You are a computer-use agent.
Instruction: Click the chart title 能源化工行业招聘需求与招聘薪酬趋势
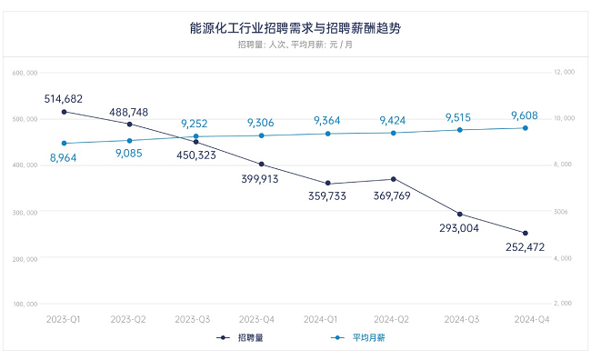pyautogui.click(x=295, y=28)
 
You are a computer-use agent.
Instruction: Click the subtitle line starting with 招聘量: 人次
pyautogui.click(x=295, y=45)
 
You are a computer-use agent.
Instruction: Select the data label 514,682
pyautogui.click(x=64, y=98)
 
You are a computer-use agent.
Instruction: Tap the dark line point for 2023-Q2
pyautogui.click(x=130, y=124)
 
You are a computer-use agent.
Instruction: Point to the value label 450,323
pyautogui.click(x=195, y=155)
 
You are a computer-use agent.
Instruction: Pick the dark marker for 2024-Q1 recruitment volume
pyautogui.click(x=327, y=184)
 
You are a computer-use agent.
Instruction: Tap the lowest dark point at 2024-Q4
pyautogui.click(x=526, y=233)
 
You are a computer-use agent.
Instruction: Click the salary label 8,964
pyautogui.click(x=64, y=157)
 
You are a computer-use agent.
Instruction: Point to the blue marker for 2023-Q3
pyautogui.click(x=195, y=136)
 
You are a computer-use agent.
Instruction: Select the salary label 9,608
pyautogui.click(x=526, y=115)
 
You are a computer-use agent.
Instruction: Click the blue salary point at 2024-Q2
pyautogui.click(x=394, y=133)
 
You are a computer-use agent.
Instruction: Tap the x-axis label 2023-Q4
pyautogui.click(x=262, y=319)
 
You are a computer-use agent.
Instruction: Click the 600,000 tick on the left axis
pyautogui.click(x=25, y=73)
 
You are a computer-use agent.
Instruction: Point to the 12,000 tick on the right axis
pyautogui.click(x=566, y=73)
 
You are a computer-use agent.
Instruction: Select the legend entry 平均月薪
pyautogui.click(x=356, y=338)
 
